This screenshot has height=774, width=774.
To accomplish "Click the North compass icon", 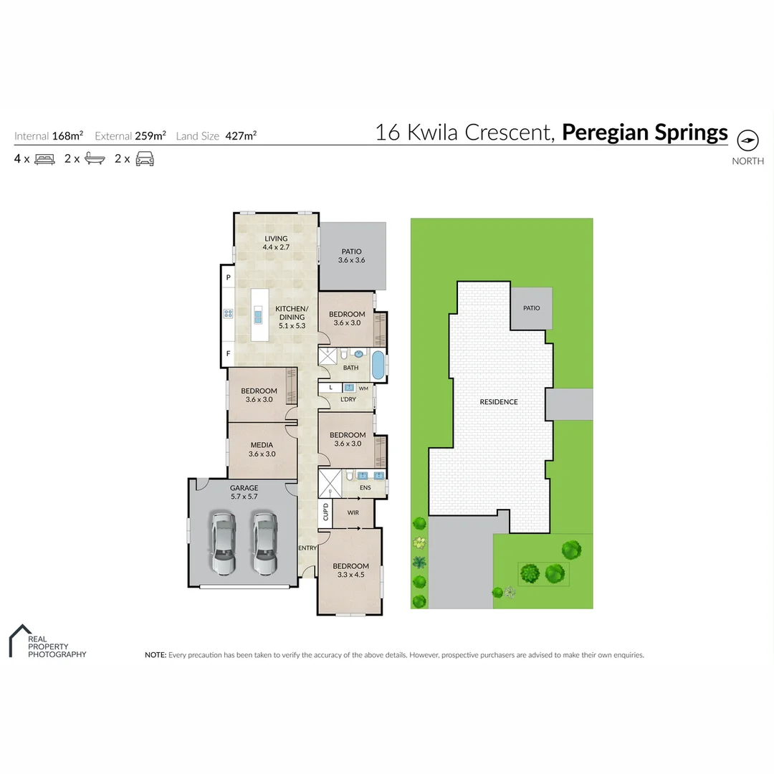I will click(747, 140).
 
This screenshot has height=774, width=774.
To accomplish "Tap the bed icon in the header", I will click(44, 159).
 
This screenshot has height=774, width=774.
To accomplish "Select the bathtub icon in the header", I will click(95, 159).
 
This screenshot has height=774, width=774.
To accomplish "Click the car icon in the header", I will click(145, 159).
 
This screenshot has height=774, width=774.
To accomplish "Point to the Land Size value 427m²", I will click(241, 135).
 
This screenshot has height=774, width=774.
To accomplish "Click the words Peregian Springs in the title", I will click(644, 133).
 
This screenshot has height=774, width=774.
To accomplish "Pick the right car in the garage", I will click(264, 543).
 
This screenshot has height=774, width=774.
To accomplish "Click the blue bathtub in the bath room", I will click(378, 365).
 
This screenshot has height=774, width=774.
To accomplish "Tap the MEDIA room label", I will click(261, 445).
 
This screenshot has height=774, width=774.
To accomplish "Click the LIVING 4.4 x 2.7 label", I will click(276, 242).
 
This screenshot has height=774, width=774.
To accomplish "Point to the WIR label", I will click(353, 513).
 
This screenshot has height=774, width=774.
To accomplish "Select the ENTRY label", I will click(307, 548).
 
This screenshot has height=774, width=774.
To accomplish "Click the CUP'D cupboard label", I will click(325, 512).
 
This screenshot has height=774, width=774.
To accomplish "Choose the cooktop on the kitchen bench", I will click(229, 313).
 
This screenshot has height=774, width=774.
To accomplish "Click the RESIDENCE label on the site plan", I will click(498, 402).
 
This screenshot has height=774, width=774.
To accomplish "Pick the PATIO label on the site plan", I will click(531, 308).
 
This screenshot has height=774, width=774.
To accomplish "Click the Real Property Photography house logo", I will click(20, 639).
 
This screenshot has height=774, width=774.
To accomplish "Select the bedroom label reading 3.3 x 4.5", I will click(350, 570).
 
